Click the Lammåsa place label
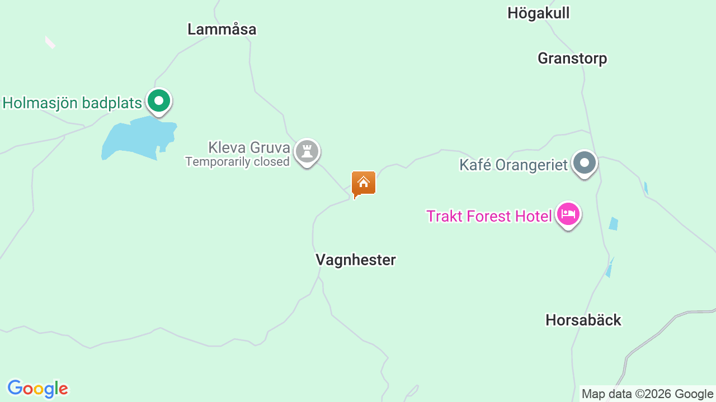pyautogui.click(x=222, y=29)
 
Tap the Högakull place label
pyautogui.click(x=538, y=13)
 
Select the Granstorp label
pyautogui.click(x=572, y=58)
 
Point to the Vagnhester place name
pyautogui.click(x=355, y=260)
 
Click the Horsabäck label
pyautogui.click(x=583, y=320)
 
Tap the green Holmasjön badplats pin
pyautogui.click(x=159, y=101)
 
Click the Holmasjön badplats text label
pyautogui.click(x=72, y=103)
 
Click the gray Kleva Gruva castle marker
pyautogui.click(x=307, y=151)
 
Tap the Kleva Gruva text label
pyautogui.click(x=249, y=147)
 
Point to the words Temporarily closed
pyautogui.click(x=237, y=162)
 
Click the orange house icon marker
pyautogui.click(x=363, y=183)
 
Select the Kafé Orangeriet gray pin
pyautogui.click(x=585, y=163)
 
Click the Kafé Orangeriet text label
pyautogui.click(x=513, y=165)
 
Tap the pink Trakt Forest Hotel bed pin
pyautogui.click(x=568, y=214)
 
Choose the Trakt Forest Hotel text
pyautogui.click(x=489, y=216)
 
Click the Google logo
pyautogui.click(x=37, y=389)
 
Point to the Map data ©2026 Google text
pyautogui.click(x=647, y=394)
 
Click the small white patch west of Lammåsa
pyautogui.click(x=50, y=42)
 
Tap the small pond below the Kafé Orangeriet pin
pyautogui.click(x=614, y=223)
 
